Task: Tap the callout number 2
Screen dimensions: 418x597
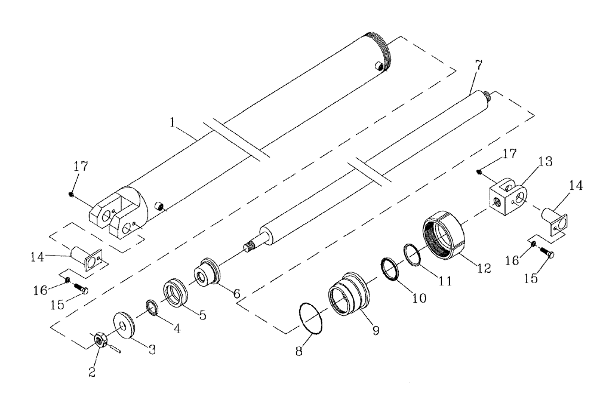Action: pyautogui.click(x=91, y=373)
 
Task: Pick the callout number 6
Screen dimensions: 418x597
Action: pyautogui.click(x=237, y=294)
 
